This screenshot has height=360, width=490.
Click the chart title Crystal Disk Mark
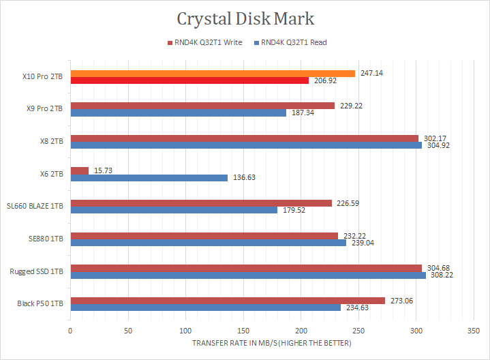coord(245,18)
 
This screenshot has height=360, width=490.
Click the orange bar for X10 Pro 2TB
coord(213,73)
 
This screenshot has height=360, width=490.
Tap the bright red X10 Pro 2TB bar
coord(189,80)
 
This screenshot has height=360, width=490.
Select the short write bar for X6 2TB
coord(79,170)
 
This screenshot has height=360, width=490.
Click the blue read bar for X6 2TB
coord(149,178)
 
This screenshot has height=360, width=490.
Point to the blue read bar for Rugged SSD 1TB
coord(248,275)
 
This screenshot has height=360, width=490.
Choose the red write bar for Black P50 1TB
coord(228,301)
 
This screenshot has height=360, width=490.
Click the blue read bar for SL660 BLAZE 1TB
coord(174,210)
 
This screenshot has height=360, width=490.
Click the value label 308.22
coord(442,275)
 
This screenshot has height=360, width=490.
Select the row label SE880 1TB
coord(46,239)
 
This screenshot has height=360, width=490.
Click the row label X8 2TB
coord(51,141)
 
